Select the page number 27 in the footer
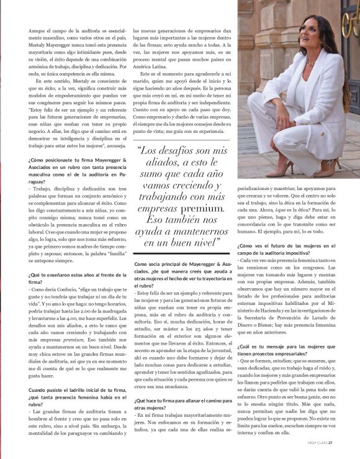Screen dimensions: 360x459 331,443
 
